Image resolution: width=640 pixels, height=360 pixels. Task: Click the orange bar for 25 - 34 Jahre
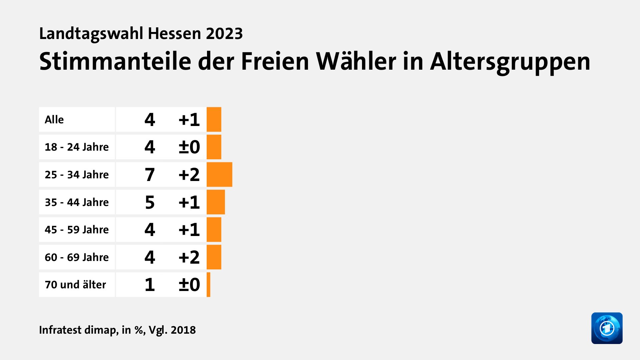pos(219,175)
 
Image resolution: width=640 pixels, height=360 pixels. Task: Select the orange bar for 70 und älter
pos(209,285)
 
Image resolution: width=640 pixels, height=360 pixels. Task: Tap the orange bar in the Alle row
pos(214,119)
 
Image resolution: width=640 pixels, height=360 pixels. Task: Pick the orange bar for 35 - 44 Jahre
pos(216,202)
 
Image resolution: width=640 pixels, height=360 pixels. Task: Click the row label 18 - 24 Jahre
pos(77,147)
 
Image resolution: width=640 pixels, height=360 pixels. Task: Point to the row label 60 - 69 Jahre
pos(77,257)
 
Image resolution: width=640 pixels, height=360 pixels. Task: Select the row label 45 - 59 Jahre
pos(77,230)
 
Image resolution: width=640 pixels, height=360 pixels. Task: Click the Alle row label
pos(54,119)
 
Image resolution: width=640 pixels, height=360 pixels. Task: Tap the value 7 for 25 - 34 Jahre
pos(150,175)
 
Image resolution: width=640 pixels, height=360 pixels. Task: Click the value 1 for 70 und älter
pos(150,285)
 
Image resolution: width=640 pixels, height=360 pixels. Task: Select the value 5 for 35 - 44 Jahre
pos(150,202)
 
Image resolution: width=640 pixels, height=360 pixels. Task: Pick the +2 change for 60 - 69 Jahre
pos(189,257)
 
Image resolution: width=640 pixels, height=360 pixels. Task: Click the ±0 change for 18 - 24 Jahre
pos(189,147)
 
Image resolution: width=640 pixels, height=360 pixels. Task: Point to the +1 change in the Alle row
pos(189,119)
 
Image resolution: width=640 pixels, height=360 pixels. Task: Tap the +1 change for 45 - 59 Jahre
pos(189,230)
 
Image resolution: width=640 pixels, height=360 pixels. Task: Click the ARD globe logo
pos(607,328)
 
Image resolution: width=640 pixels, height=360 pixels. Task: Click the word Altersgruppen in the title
pos(510,62)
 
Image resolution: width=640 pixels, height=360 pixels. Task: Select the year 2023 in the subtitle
pos(224,33)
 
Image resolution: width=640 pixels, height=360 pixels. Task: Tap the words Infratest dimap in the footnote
pos(78,330)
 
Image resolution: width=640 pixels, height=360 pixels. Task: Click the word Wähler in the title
pos(356,61)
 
